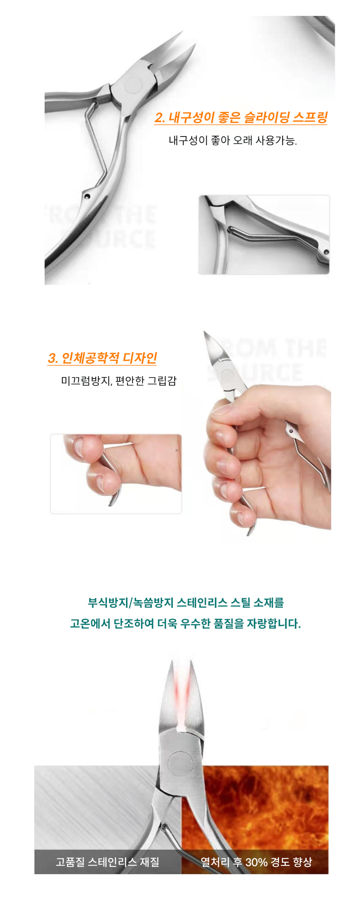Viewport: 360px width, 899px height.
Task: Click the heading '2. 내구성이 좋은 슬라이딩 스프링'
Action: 241,118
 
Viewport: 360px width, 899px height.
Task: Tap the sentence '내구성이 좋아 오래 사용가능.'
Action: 233,140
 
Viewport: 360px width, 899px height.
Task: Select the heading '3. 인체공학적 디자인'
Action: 102,358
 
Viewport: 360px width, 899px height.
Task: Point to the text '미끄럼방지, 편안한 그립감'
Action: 119,381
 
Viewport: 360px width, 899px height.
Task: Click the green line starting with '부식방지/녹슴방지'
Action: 185,603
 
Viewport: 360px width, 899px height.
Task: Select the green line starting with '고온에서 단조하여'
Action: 185,623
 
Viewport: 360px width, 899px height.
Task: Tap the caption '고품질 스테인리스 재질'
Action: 108,862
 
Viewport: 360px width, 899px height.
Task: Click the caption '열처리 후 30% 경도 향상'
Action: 256,862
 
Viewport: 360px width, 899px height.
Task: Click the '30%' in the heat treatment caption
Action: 256,862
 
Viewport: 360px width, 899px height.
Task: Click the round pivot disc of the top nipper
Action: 134,85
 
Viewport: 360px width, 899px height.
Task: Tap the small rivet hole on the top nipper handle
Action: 87,196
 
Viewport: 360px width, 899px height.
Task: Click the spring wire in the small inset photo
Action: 268,237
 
